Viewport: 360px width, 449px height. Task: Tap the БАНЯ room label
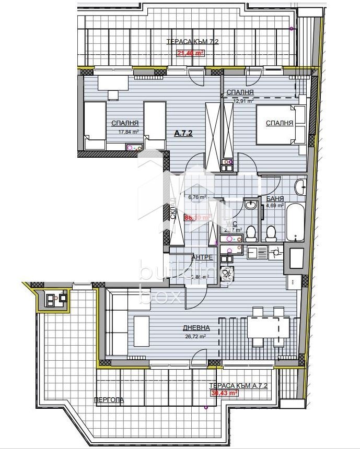click(x=275, y=199)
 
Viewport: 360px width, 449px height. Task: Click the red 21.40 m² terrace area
click(x=190, y=52)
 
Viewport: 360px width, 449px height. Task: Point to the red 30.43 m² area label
click(x=224, y=394)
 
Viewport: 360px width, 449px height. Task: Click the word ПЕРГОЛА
click(x=109, y=400)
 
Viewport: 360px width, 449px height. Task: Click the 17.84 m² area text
click(x=124, y=132)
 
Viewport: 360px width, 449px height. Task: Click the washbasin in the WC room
click(x=251, y=205)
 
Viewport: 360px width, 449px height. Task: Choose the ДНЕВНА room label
click(x=196, y=328)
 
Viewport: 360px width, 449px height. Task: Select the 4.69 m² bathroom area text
click(x=274, y=206)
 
